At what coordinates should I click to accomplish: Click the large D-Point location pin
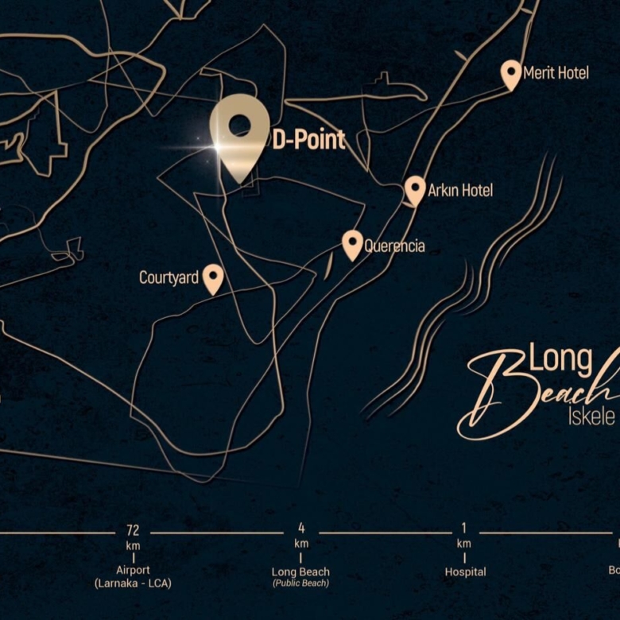coord(239,130)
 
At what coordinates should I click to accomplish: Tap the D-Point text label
coord(308,141)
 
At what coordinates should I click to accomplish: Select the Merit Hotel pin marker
coord(511,74)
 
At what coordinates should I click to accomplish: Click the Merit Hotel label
coord(556,73)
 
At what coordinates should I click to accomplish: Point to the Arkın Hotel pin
coord(415,190)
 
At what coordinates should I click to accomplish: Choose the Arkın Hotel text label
coord(460,191)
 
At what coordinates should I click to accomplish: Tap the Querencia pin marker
coord(352,244)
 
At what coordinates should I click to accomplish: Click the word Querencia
coord(394,246)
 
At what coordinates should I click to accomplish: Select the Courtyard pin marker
coord(212,278)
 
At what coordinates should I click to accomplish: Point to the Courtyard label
coord(169,278)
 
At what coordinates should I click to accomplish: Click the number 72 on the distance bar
coord(133,530)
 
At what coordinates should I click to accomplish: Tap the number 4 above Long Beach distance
coord(301,529)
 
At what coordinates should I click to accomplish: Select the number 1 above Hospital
coord(464,529)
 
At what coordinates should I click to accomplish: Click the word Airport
coord(133,571)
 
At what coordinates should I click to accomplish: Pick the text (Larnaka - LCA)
coord(133,583)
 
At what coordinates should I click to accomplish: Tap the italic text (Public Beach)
coord(301,583)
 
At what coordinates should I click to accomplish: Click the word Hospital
coord(465,572)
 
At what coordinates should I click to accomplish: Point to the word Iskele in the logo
coord(591,417)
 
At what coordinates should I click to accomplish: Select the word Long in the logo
coord(561,360)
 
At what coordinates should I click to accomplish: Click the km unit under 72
coord(133,545)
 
